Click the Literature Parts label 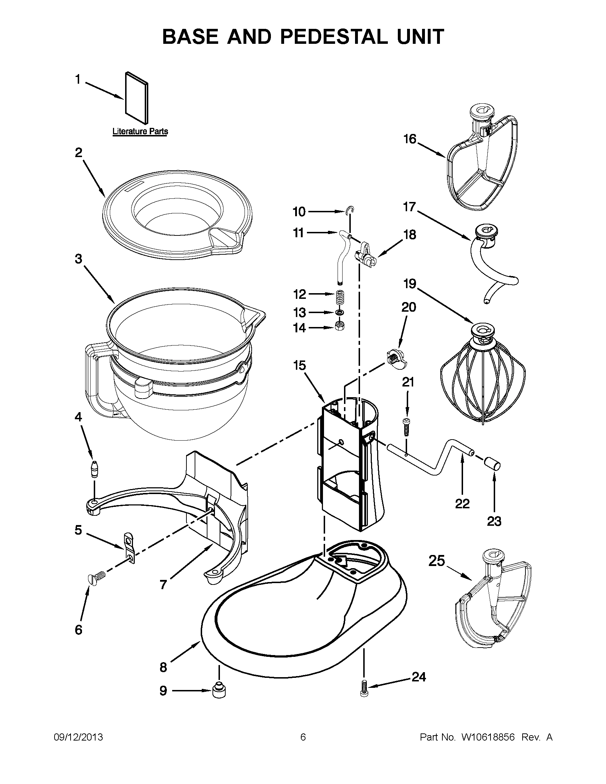140,132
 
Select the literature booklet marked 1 137,98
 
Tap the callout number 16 410,139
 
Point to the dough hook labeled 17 492,262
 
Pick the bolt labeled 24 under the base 364,689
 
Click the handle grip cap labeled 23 493,463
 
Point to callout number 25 436,561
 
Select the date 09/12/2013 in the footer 78,737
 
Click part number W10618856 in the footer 488,737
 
